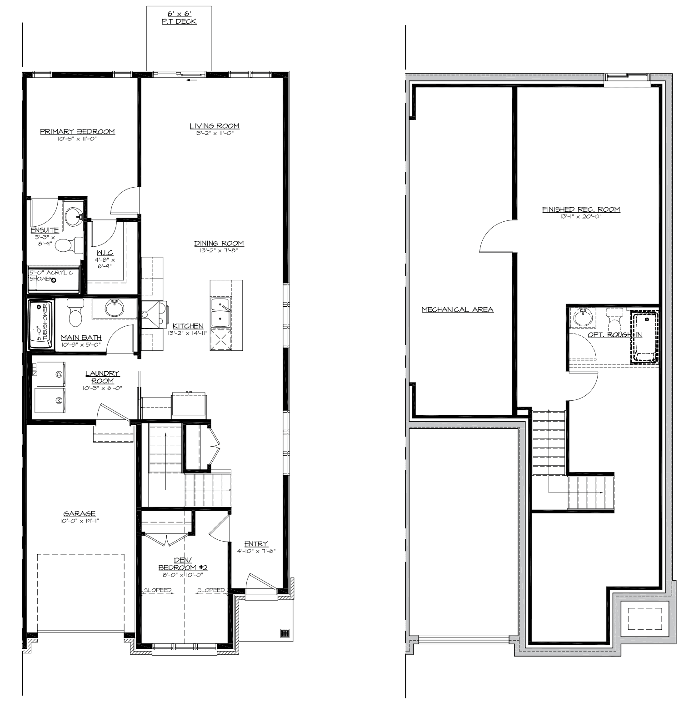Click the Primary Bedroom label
point(77,132)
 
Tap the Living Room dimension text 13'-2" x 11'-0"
point(215,133)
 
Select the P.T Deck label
point(180,21)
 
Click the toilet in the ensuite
point(73,245)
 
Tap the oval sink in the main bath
point(114,309)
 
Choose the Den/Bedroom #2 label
point(183,564)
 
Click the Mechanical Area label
point(458,310)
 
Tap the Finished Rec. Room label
point(581,209)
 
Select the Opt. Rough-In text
point(615,335)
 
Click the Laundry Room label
point(103,377)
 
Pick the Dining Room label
point(220,243)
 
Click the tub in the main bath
point(41,324)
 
